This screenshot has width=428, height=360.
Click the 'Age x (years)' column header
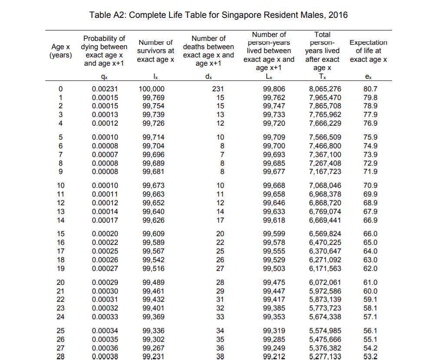(x=61, y=51)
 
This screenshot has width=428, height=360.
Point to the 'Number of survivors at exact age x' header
(x=156, y=51)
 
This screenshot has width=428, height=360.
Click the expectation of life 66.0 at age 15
(x=370, y=234)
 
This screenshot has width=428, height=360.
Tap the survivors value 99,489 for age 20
(x=153, y=282)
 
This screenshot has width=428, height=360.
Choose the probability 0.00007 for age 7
(x=105, y=154)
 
